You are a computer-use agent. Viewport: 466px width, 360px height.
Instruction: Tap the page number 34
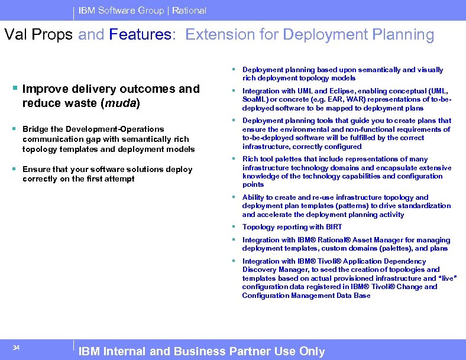[x=16, y=348]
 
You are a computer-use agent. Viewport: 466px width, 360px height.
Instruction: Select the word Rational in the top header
[x=189, y=11]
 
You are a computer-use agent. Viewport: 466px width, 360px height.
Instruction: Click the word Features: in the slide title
[x=143, y=35]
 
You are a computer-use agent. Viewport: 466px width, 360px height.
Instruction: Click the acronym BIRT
[x=332, y=227]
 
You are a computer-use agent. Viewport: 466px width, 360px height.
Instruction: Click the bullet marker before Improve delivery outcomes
[x=15, y=89]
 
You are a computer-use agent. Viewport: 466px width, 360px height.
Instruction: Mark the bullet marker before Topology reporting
[x=235, y=227]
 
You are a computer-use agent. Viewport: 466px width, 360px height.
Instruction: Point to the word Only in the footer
[x=312, y=351]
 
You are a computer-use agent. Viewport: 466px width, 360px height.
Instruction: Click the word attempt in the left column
[x=121, y=179]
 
